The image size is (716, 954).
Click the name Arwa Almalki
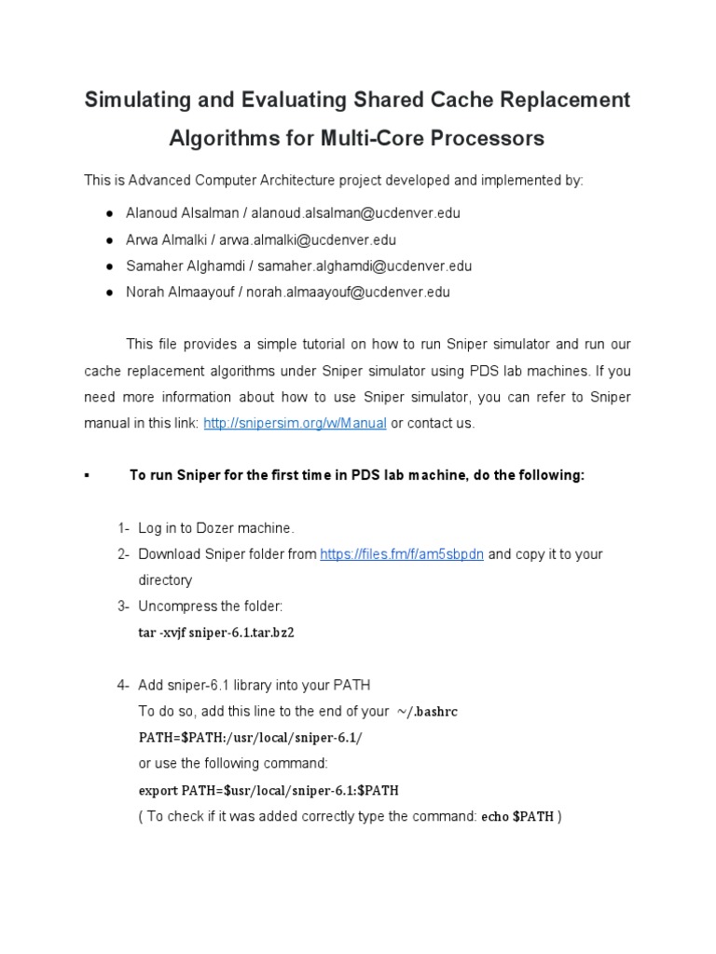point(163,239)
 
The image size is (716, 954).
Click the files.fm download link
point(402,554)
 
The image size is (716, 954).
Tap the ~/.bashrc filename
point(426,712)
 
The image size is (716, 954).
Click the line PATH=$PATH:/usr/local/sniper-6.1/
point(250,738)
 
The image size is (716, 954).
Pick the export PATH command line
point(268,790)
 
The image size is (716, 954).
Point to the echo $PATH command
point(517,817)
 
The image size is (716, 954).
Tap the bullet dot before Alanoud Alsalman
point(110,213)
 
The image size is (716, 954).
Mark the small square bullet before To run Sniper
point(87,475)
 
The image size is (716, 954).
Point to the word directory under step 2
point(165,580)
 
